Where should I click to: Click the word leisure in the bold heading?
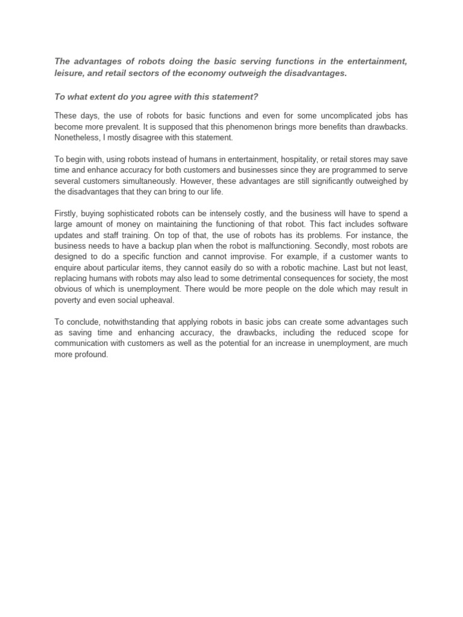coord(68,73)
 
